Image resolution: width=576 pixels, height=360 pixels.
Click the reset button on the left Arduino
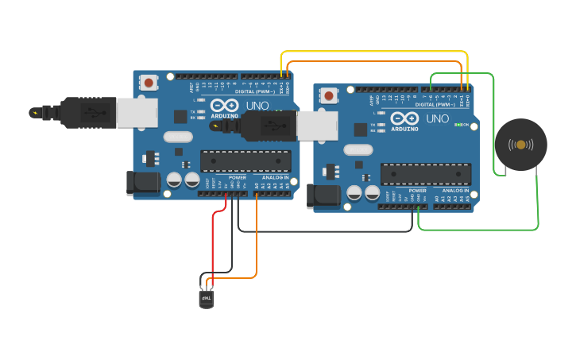[x=149, y=82]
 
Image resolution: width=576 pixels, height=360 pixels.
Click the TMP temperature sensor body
[x=206, y=300]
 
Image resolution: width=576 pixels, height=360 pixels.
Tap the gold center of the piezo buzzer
[x=520, y=145]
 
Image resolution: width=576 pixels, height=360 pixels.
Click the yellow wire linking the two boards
[x=373, y=52]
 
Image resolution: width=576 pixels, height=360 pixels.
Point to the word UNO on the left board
[x=257, y=106]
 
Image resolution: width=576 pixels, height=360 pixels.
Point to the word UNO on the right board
[x=437, y=119]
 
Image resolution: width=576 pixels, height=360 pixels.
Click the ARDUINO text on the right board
[x=404, y=129]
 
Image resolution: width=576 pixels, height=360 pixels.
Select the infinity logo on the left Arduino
[x=224, y=106]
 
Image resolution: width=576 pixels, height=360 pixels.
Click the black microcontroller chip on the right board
[x=425, y=174]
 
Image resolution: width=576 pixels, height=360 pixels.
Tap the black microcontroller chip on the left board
[x=245, y=161]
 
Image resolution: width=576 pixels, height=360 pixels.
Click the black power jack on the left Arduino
[x=143, y=183]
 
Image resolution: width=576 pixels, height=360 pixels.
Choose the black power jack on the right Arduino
[x=323, y=195]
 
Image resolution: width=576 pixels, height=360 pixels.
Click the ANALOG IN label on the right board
[x=455, y=191]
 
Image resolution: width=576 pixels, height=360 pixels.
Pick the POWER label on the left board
[x=237, y=177]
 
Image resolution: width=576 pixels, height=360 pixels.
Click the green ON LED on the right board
[x=458, y=125]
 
